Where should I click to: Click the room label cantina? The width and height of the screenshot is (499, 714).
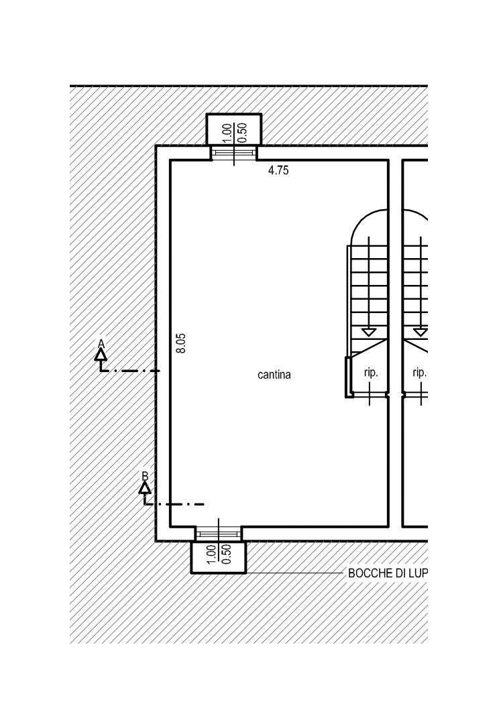click(x=274, y=375)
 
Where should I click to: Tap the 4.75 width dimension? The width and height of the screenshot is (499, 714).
click(x=278, y=171)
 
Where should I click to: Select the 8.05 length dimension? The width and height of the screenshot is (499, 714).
click(x=181, y=343)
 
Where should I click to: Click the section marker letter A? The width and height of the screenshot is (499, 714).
click(x=101, y=343)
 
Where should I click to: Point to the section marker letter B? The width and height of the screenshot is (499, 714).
click(x=145, y=476)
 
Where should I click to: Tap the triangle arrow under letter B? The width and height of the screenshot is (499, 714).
click(x=145, y=487)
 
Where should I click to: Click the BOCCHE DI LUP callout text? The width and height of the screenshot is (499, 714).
click(x=388, y=573)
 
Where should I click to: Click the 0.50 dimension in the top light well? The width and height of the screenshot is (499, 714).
click(x=243, y=133)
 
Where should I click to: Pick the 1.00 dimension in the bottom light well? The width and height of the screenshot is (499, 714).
click(x=211, y=554)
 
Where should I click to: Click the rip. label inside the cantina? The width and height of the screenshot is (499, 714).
click(x=371, y=373)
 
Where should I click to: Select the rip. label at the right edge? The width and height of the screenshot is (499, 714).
click(x=420, y=373)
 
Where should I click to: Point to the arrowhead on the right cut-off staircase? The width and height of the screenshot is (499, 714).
click(x=421, y=332)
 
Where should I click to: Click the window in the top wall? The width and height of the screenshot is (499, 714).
click(x=234, y=153)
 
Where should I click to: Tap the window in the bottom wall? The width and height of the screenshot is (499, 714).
click(x=218, y=534)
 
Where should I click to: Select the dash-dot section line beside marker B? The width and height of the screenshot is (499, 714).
click(x=174, y=505)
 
